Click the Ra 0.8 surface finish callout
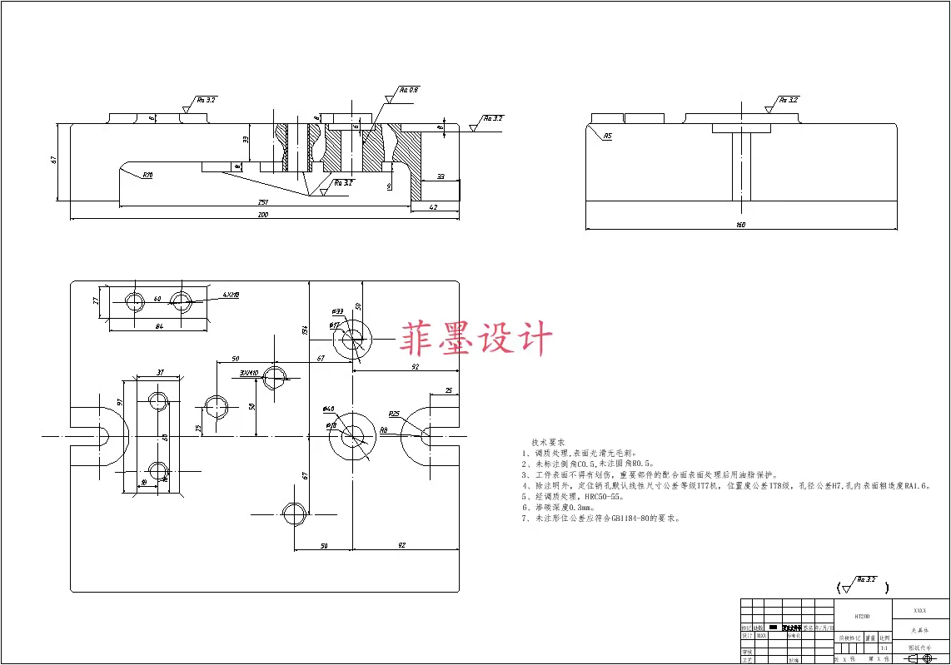pyautogui.click(x=408, y=89)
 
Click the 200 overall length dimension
pyautogui.click(x=263, y=215)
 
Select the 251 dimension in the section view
pyautogui.click(x=263, y=202)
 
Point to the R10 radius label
pyautogui.click(x=147, y=175)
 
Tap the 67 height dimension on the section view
pyautogui.click(x=54, y=161)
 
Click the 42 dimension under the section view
pyautogui.click(x=433, y=206)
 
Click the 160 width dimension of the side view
pyautogui.click(x=740, y=225)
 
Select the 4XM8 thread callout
pyautogui.click(x=231, y=295)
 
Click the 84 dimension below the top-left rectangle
pyautogui.click(x=159, y=326)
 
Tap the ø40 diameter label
pyautogui.click(x=328, y=409)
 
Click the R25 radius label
pyautogui.click(x=394, y=414)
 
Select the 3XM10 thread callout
pyautogui.click(x=248, y=372)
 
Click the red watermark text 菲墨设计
pyautogui.click(x=476, y=340)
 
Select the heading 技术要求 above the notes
pyautogui.click(x=548, y=441)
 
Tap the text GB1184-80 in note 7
pyautogui.click(x=635, y=518)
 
